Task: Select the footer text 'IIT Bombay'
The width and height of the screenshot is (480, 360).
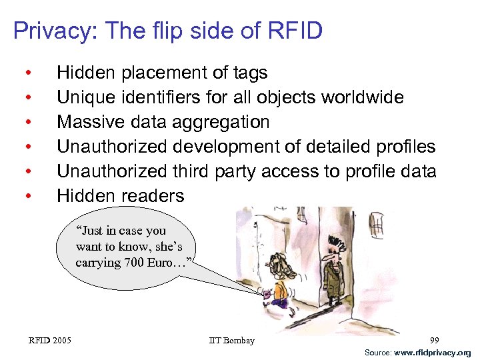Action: tap(231, 341)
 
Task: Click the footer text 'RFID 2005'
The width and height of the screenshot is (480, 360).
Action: tap(50, 341)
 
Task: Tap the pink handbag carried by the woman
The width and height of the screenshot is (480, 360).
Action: tap(267, 293)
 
